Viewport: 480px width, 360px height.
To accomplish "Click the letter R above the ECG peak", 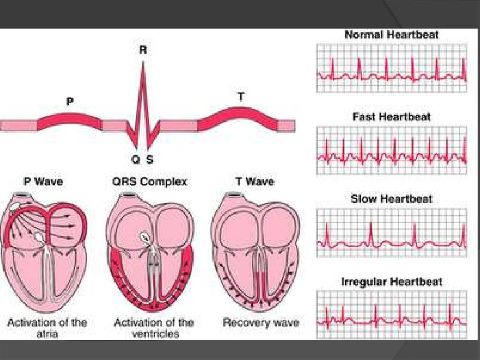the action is pos(143,51).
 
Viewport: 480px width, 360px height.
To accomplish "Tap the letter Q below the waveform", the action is pos(135,160).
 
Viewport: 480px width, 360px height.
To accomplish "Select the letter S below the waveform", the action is pos(150,160).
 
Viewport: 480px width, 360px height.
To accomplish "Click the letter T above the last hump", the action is pos(241,97).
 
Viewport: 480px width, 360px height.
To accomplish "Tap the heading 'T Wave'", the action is pos(255,181).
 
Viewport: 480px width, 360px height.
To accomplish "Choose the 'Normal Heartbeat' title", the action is pos(391,35).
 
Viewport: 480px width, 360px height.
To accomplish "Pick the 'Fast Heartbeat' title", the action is pos(391,117).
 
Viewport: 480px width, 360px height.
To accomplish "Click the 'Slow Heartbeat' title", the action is pos(391,199).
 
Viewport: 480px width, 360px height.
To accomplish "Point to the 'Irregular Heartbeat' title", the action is pos(391,282).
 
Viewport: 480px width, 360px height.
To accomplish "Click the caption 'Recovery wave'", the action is pos(260,322).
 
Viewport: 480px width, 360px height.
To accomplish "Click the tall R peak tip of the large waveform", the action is pos(143,63).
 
